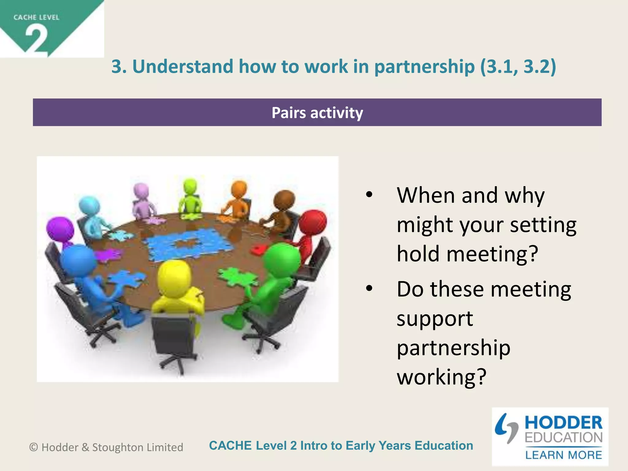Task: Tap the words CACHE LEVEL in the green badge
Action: coord(36,17)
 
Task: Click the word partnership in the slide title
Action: coord(424,67)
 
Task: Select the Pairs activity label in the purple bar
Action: coord(317,113)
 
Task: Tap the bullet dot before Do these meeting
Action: coord(369,288)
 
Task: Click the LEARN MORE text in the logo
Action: coord(563,455)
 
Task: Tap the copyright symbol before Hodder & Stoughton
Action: coord(33,447)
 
